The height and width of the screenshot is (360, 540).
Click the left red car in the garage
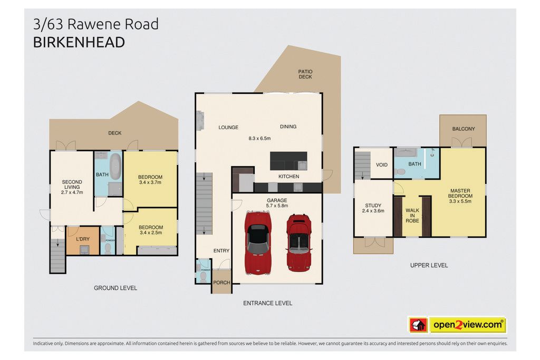(257, 242)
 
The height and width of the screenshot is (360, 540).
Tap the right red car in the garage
(299, 242)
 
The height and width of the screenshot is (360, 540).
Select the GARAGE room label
(277, 200)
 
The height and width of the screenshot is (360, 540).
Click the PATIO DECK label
(305, 74)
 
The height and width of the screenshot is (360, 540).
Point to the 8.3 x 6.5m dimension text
(259, 138)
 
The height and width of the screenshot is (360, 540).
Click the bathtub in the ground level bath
(115, 166)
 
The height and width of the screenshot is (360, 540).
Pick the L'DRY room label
(83, 239)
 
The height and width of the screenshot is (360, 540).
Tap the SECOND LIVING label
(72, 184)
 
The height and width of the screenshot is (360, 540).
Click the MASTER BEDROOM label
(460, 193)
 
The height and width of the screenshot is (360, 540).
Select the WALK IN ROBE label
(412, 216)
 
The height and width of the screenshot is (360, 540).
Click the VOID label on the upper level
(382, 165)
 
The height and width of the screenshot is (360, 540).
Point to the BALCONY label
(463, 129)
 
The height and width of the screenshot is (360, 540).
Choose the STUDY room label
(373, 206)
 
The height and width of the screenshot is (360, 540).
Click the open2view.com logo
(457, 325)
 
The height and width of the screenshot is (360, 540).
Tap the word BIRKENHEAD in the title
(79, 43)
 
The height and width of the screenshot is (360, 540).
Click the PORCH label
(221, 283)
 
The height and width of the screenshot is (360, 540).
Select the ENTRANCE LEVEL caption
(267, 303)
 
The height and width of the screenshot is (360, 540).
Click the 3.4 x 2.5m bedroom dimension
(151, 232)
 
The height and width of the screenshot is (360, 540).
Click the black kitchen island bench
(288, 161)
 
